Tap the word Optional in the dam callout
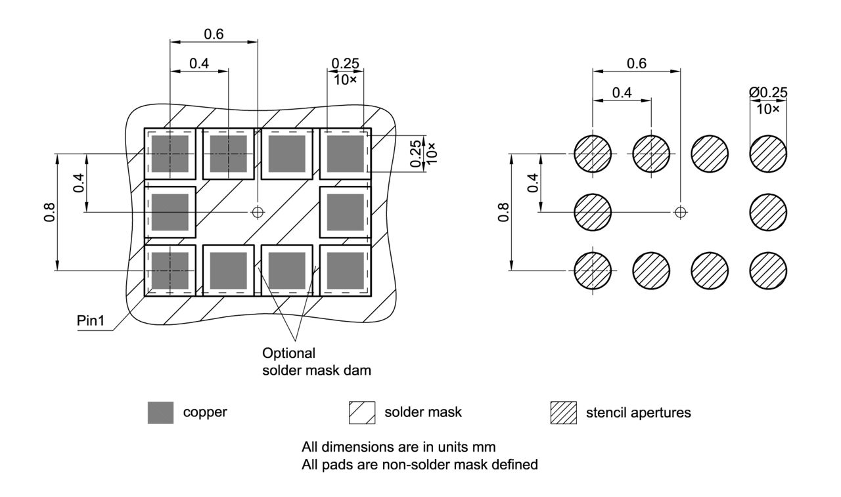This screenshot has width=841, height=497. click(284, 354)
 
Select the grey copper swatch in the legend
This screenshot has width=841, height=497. click(161, 412)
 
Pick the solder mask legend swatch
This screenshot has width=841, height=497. click(361, 412)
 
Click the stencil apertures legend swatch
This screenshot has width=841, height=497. click(562, 412)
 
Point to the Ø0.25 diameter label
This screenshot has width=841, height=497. click(768, 93)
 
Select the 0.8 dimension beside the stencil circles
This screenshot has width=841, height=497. click(503, 211)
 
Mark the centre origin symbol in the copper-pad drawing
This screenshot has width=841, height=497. click(258, 211)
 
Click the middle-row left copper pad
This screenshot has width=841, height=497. click(170, 212)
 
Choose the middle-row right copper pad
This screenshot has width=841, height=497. click(345, 212)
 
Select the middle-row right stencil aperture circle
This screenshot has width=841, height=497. click(768, 211)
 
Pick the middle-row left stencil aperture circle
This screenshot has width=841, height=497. click(593, 211)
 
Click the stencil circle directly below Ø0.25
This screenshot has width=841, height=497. click(768, 154)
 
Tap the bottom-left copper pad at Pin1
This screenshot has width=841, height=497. click(170, 270)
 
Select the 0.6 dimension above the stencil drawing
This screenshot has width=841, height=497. click(636, 63)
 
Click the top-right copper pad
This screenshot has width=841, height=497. click(345, 154)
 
